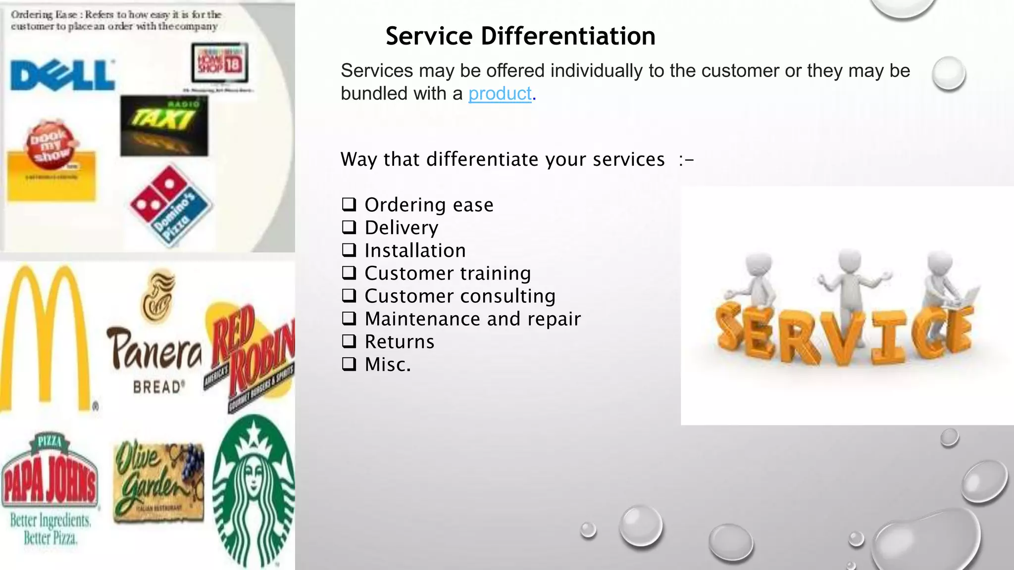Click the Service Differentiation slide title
pos(520,36)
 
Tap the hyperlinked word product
pos(500,94)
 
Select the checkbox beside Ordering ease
pos(349,204)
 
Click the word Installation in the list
pos(415,250)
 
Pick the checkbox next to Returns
pos(349,341)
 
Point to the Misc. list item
pos(388,365)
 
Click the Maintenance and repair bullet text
pos(472,319)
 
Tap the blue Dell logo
pos(62,76)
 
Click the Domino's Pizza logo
pos(171,204)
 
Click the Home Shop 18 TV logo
pos(220,63)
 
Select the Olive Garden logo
pos(158,480)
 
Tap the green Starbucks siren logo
pos(254,490)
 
